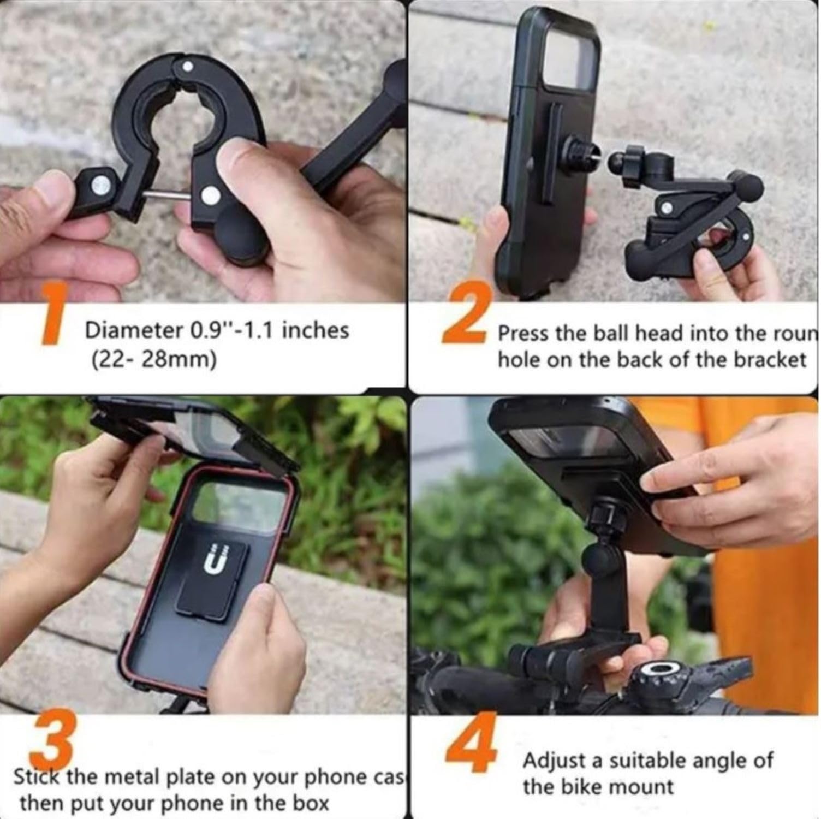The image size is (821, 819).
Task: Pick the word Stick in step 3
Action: [x=37, y=777]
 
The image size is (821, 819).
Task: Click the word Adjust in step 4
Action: [x=556, y=760]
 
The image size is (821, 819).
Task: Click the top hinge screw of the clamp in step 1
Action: [x=187, y=66]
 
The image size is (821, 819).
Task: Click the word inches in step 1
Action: [x=319, y=330]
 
